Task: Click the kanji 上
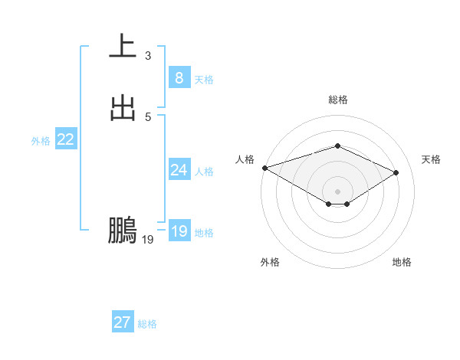tap(123, 46)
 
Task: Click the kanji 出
tap(123, 108)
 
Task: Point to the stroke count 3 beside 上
tap(148, 56)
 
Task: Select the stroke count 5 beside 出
tap(148, 117)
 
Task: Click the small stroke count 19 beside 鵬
tap(148, 241)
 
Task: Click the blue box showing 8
tap(179, 78)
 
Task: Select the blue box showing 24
tap(179, 170)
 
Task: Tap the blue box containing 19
tap(179, 231)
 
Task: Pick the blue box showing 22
tap(65, 139)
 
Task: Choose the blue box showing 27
tap(122, 322)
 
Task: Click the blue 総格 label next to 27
tap(147, 324)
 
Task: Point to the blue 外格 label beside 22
tap(41, 141)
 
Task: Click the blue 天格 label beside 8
tap(204, 80)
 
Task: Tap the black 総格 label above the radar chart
tap(337, 100)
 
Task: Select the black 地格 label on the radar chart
tap(402, 262)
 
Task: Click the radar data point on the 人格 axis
tap(264, 167)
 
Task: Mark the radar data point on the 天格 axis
tap(396, 172)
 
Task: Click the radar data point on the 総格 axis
tap(337, 146)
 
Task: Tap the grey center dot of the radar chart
tap(337, 191)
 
